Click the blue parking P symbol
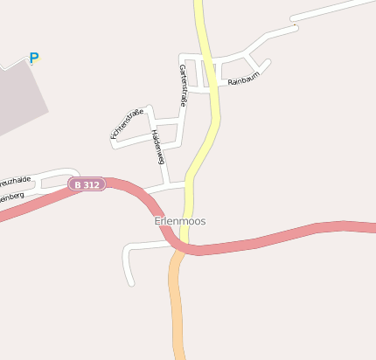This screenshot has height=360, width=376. (34, 59)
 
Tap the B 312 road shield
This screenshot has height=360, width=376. (87, 184)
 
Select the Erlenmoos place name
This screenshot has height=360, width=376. (180, 221)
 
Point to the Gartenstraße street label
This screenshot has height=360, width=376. (183, 86)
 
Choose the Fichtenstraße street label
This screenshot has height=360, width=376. (127, 123)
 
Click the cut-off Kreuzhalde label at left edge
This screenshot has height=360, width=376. (15, 180)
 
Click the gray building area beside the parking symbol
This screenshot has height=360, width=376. (17, 96)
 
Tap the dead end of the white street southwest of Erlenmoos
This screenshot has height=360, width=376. (131, 282)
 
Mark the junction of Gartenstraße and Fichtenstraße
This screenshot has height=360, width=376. (180, 121)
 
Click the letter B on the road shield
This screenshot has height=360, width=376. (78, 184)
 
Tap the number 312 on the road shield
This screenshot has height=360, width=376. (92, 184)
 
